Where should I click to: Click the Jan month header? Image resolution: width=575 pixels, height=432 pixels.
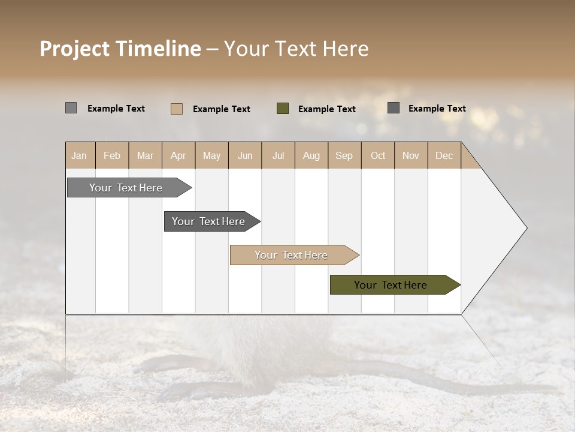click(x=79, y=156)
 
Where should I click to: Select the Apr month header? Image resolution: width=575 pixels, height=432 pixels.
click(x=178, y=156)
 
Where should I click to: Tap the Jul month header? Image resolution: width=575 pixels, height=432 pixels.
click(x=278, y=156)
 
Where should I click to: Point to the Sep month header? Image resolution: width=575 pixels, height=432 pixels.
click(x=344, y=156)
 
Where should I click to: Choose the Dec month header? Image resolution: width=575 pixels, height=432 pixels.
click(x=444, y=156)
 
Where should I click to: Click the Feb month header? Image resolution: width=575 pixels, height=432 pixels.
click(x=112, y=156)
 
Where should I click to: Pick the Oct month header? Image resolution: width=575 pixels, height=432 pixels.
click(x=378, y=156)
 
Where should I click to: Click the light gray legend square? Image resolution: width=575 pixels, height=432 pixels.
click(x=71, y=108)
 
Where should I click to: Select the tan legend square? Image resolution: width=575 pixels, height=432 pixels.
click(x=177, y=109)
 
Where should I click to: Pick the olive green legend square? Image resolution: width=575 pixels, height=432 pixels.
click(x=283, y=109)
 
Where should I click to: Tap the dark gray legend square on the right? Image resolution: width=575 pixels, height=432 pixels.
click(x=394, y=108)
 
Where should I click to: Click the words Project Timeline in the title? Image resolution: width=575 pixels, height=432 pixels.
click(x=120, y=49)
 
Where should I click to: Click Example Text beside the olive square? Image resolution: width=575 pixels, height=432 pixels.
click(x=327, y=109)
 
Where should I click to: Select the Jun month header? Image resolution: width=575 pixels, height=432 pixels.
click(x=245, y=156)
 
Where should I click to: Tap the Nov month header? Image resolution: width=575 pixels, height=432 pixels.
click(x=411, y=156)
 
